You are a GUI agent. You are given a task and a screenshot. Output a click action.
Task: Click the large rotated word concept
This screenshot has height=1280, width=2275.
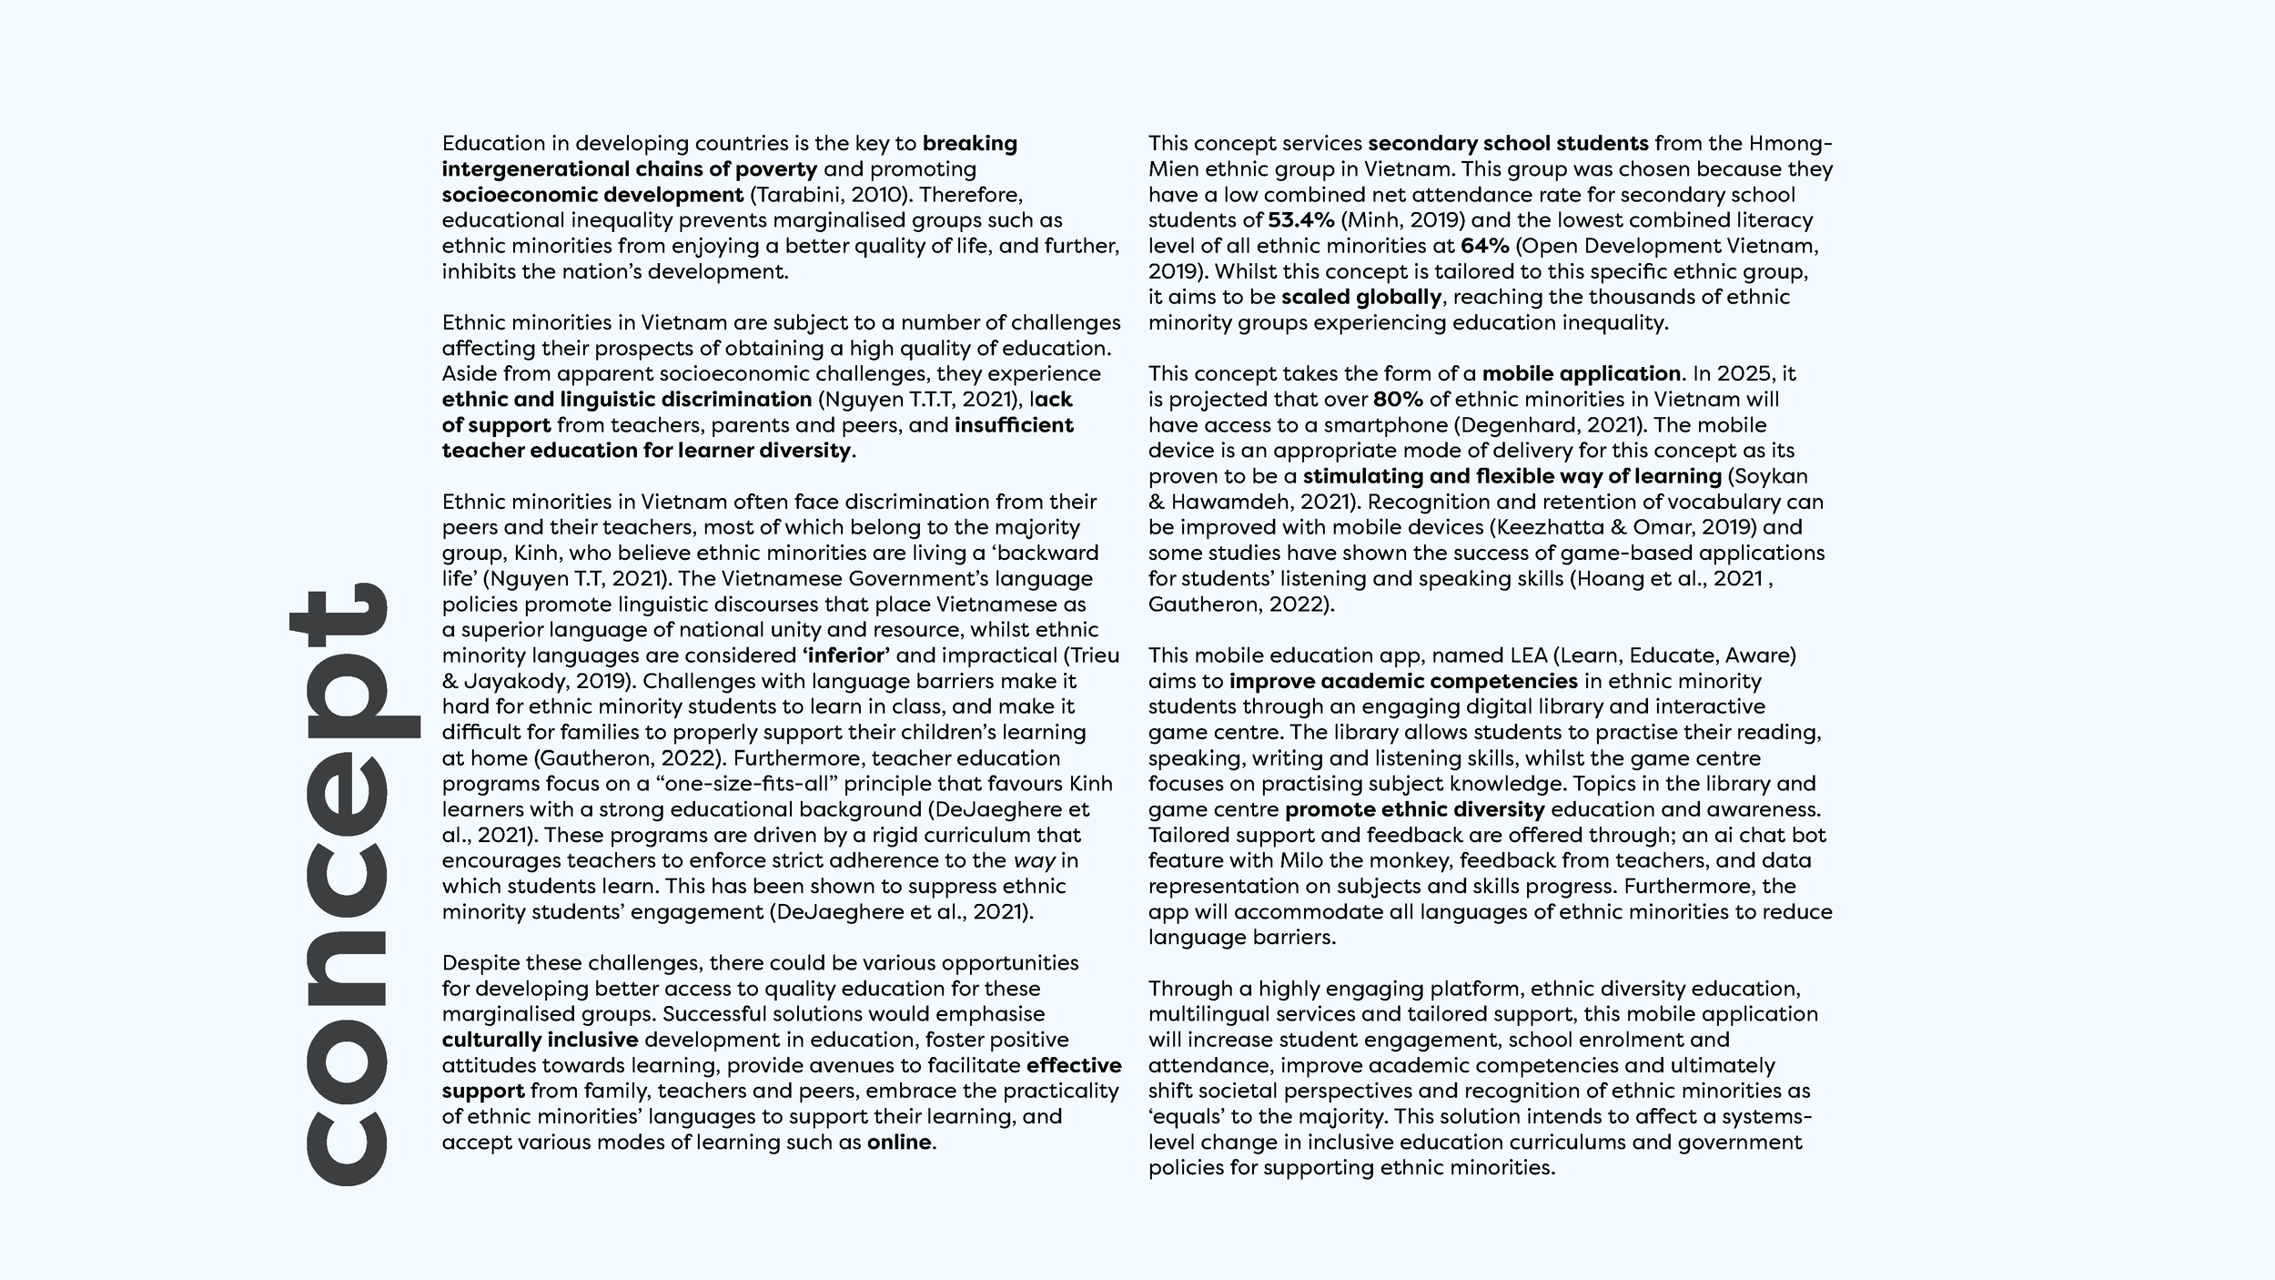[350, 883]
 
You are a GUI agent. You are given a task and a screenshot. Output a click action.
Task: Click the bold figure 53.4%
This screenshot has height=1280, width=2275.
[1300, 220]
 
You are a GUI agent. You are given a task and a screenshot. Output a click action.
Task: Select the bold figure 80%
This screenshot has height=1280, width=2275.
[1398, 400]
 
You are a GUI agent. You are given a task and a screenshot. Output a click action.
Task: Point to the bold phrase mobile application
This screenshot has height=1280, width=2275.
[1581, 374]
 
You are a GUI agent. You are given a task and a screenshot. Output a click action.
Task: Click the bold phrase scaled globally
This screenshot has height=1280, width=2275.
[1360, 298]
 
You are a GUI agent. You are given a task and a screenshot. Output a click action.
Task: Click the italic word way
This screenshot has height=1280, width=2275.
[1034, 860]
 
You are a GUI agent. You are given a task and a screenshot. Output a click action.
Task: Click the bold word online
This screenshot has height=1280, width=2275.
[899, 1143]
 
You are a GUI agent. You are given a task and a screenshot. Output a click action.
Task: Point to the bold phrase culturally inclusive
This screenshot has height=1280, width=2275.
[540, 1040]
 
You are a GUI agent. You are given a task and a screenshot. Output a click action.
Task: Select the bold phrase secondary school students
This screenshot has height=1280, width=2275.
[1507, 144]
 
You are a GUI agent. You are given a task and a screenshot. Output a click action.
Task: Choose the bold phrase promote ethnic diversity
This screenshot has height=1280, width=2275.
[1414, 809]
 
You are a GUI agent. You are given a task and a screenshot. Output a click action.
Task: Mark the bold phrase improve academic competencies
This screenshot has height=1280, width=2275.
[1402, 681]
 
